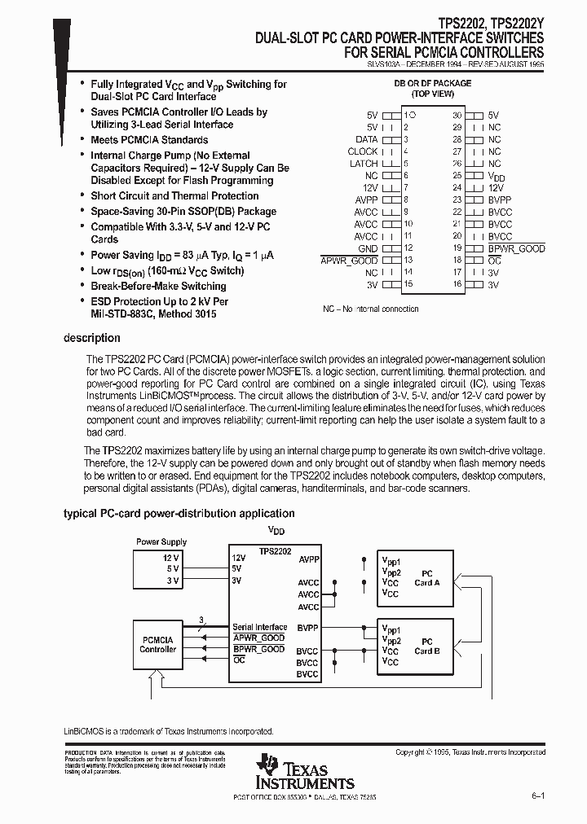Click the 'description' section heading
point(92,338)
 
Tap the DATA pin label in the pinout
point(366,139)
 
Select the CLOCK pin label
point(363,151)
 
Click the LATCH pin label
point(364,164)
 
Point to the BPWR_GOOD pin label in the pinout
point(516,248)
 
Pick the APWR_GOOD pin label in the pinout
point(350,261)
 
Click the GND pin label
point(368,248)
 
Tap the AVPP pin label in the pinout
point(366,199)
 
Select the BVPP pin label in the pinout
point(499,199)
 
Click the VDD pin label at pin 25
point(496,176)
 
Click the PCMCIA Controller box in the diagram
point(158,644)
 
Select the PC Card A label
point(426,577)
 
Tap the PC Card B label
point(426,646)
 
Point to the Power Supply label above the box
point(161,541)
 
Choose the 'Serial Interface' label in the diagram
point(259,627)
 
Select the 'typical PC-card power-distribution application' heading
point(179,514)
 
